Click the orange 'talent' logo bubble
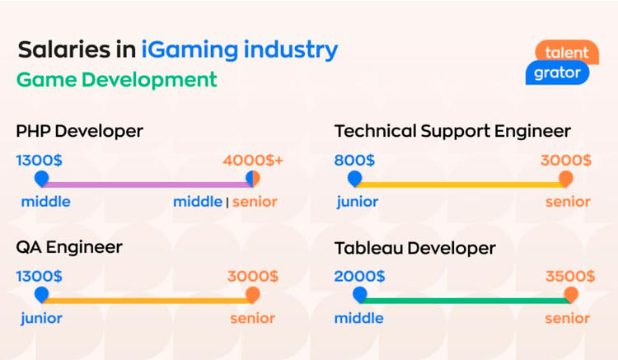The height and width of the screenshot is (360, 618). (567, 51)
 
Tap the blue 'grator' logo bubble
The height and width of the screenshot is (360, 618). (557, 72)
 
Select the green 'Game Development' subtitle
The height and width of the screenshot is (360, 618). (117, 80)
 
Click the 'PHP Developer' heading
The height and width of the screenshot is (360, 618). (79, 131)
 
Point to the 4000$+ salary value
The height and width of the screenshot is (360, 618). (253, 161)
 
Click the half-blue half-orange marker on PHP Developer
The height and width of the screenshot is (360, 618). (253, 179)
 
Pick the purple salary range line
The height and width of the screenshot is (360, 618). (147, 185)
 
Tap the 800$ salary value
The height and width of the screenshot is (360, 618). (354, 161)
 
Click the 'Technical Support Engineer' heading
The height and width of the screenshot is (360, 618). (452, 131)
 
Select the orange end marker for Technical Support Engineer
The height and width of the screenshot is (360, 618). (566, 179)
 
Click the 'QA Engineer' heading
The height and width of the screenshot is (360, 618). (69, 247)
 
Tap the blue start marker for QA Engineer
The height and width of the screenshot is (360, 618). (41, 295)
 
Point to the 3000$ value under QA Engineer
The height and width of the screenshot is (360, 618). (253, 276)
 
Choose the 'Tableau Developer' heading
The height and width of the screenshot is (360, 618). (415, 248)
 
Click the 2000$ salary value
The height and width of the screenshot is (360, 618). (359, 276)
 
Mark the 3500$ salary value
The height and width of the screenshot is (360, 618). (570, 276)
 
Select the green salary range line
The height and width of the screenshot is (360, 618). (465, 301)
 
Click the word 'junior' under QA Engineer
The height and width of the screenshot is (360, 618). (41, 318)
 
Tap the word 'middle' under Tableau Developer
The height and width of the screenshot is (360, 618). (358, 318)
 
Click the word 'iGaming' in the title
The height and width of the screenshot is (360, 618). (190, 50)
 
